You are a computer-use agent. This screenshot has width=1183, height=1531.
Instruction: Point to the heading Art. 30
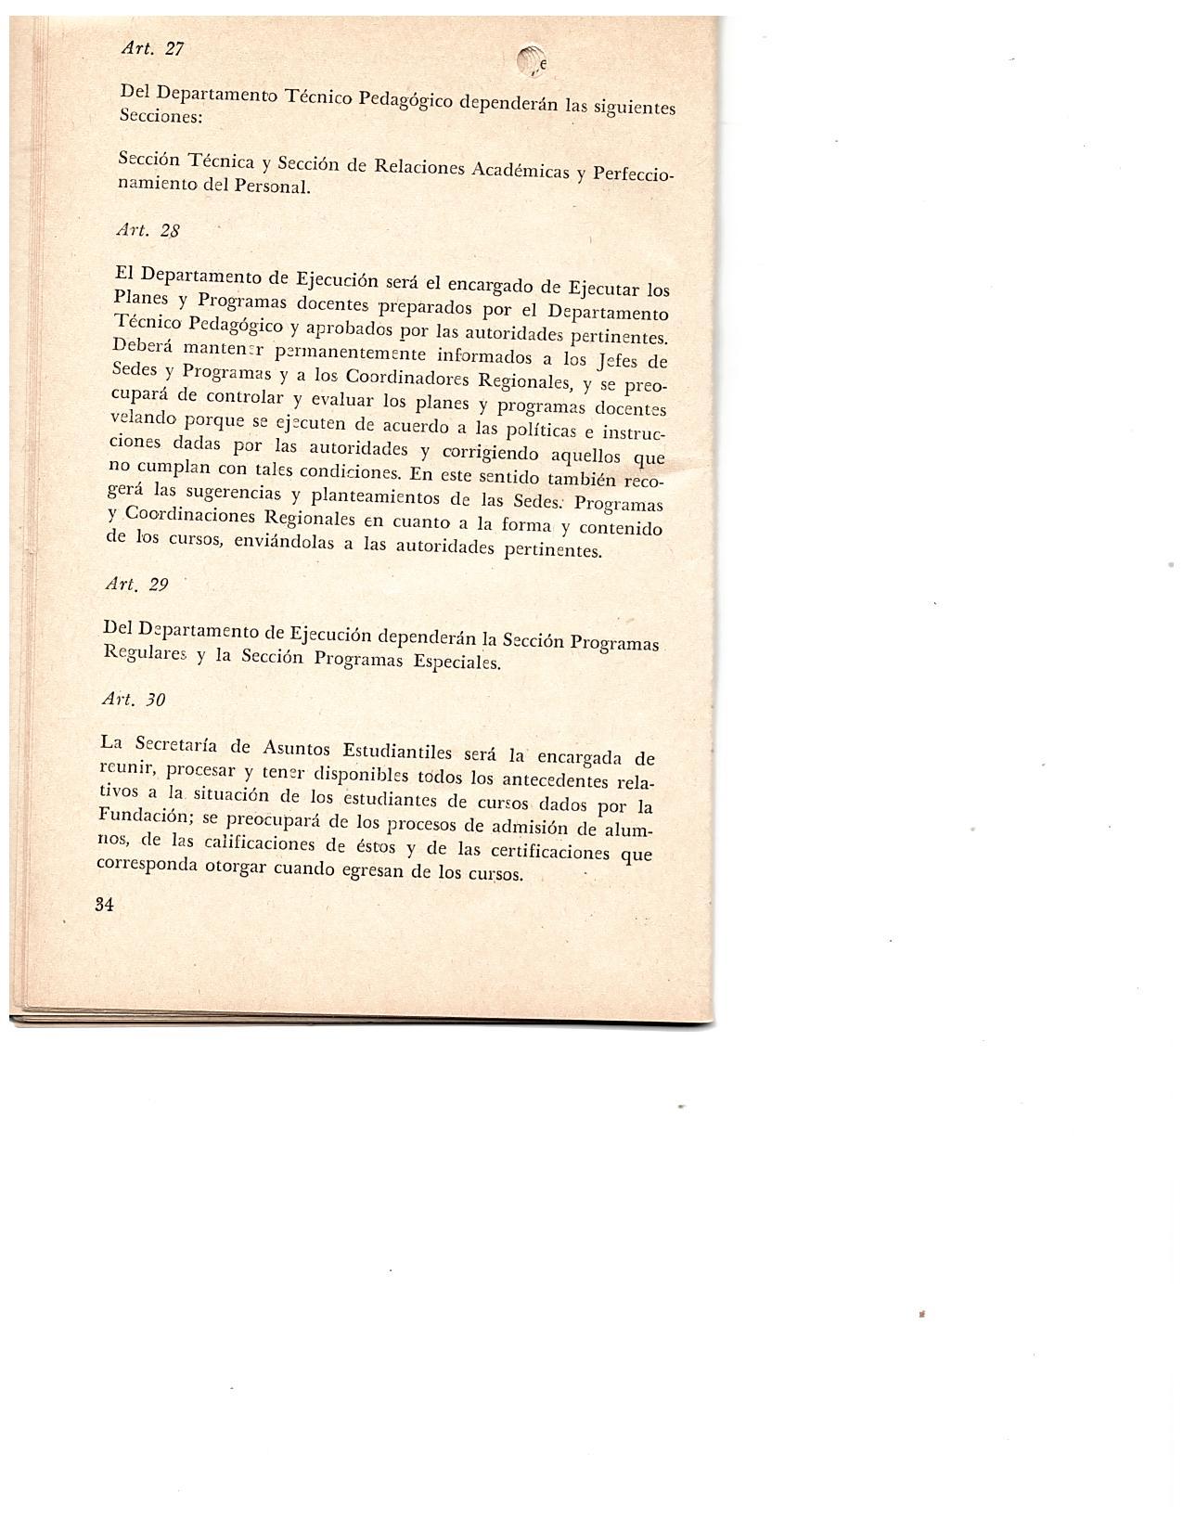click(x=135, y=699)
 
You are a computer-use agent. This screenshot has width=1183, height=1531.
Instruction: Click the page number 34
click(x=104, y=905)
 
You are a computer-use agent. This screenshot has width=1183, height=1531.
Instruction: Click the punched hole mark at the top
click(x=531, y=60)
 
